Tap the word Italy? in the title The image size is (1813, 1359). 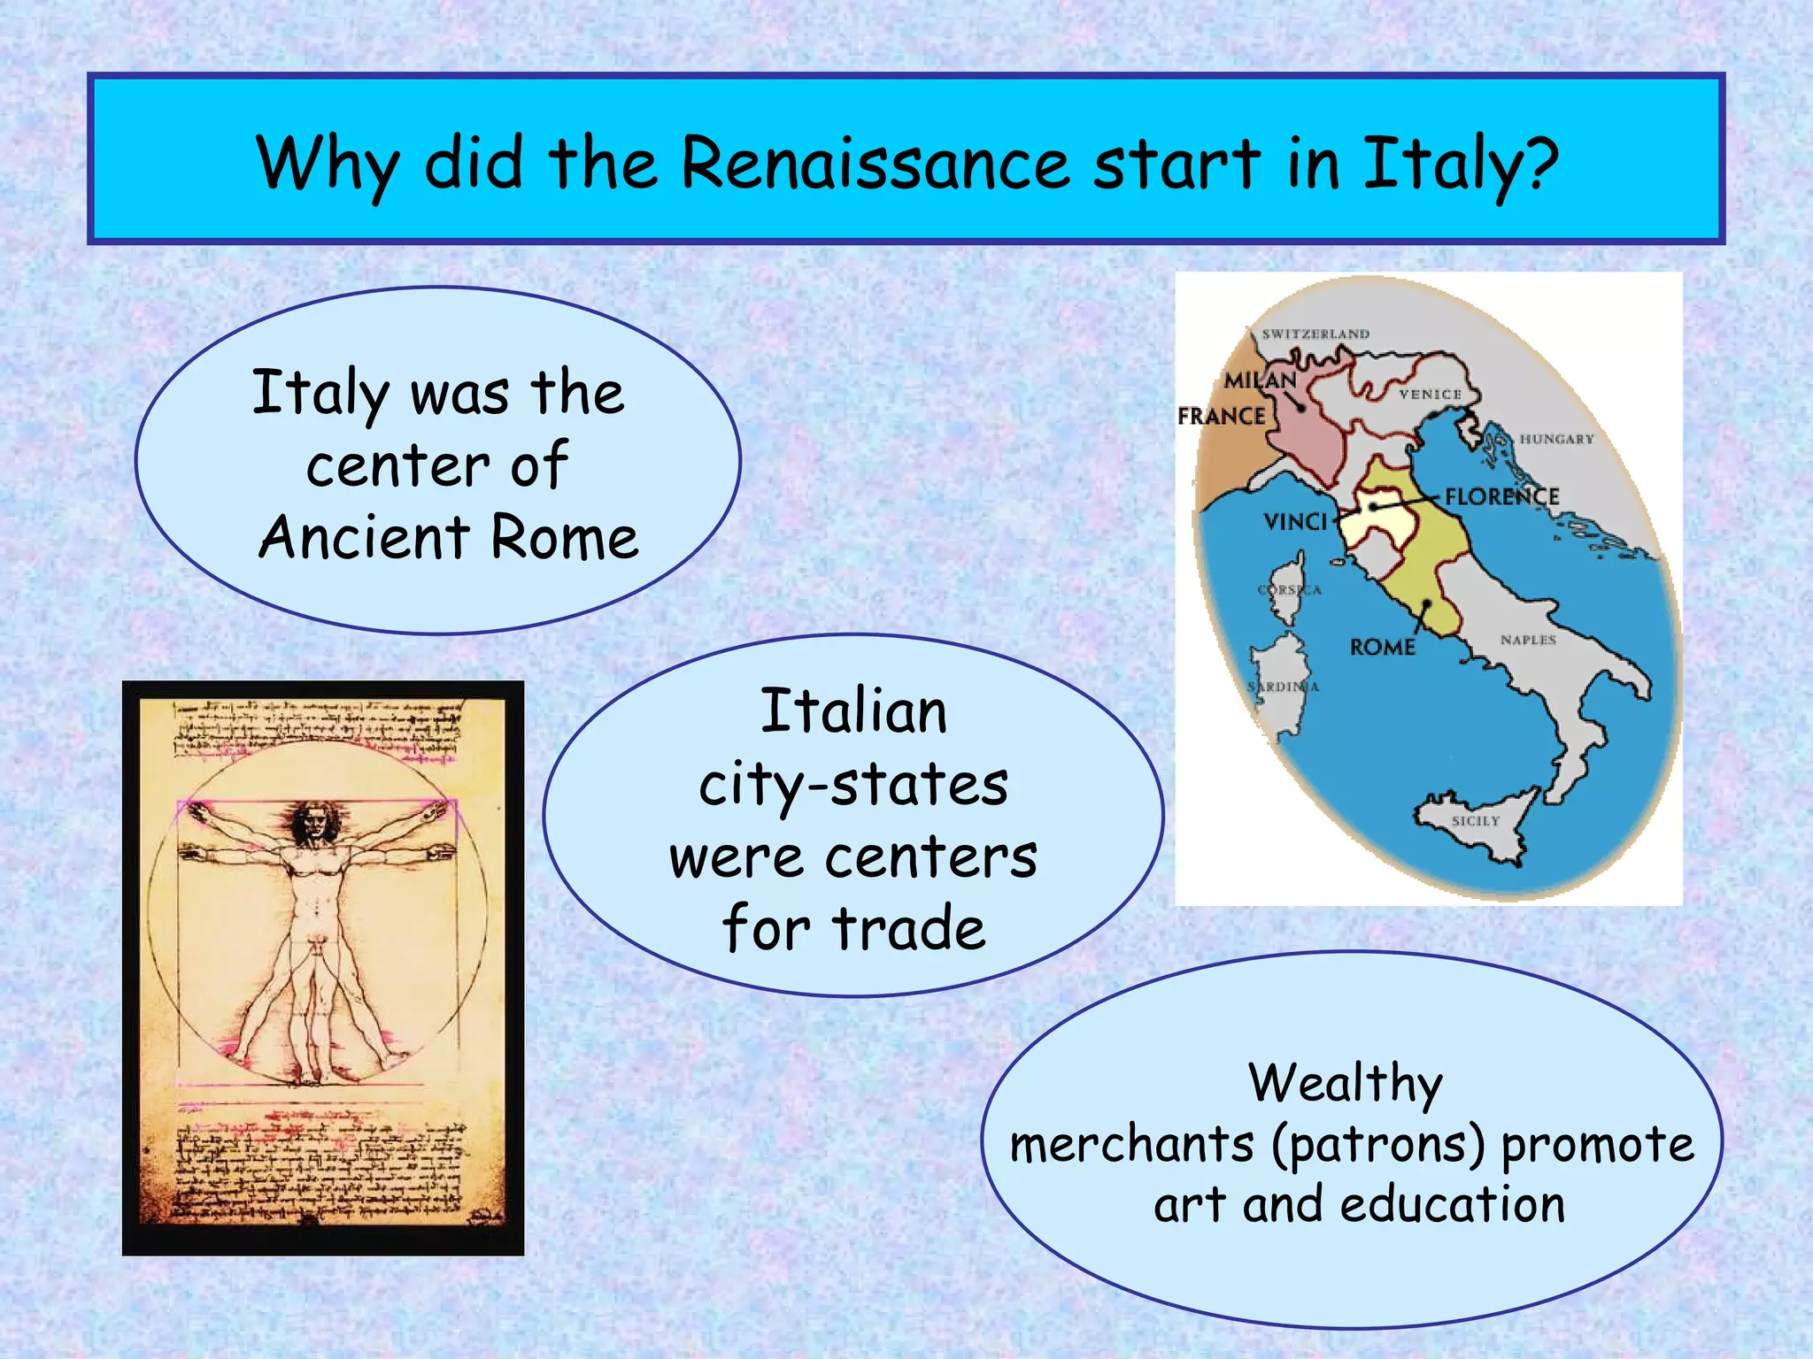(1460, 165)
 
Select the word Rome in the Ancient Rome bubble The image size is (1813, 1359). (564, 538)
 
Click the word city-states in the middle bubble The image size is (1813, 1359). (853, 785)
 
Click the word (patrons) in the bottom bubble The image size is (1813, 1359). (1378, 1145)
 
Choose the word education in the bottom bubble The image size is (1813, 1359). (1453, 1205)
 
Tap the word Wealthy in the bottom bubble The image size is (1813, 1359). (1346, 1083)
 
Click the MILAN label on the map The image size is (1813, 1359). (1260, 380)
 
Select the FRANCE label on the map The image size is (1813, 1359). (1221, 416)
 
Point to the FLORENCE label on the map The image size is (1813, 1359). (1501, 496)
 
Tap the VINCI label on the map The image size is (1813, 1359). (1296, 522)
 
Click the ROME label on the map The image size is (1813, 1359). (1382, 648)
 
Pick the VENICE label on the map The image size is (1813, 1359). (1430, 394)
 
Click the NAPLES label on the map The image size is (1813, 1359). (1528, 640)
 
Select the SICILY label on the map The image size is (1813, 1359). (1476, 821)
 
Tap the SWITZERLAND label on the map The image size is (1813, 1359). (1315, 334)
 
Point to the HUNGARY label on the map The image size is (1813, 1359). (1556, 439)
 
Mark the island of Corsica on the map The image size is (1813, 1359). (1289, 591)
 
